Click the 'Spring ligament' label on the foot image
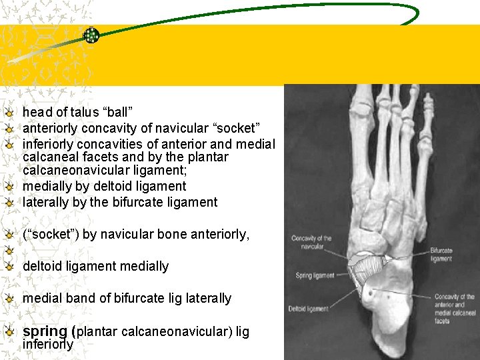(313, 275)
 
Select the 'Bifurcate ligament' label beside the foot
(441, 255)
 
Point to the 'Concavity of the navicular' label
(311, 242)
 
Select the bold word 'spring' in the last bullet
(45, 331)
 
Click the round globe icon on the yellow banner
(91, 36)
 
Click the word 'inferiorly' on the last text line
(48, 345)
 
